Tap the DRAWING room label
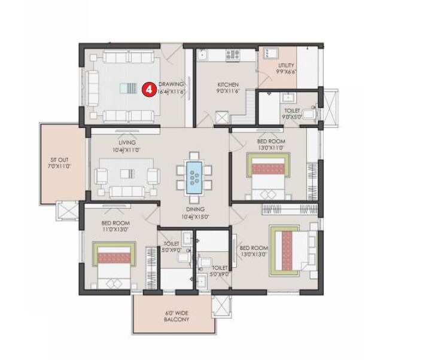pyautogui.click(x=171, y=84)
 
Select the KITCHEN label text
pyautogui.click(x=228, y=84)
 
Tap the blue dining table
pyautogui.click(x=194, y=175)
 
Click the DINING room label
pyautogui.click(x=195, y=209)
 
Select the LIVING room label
pyautogui.click(x=127, y=143)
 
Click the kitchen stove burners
pyautogui.click(x=233, y=55)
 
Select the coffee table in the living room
pyautogui.click(x=126, y=175)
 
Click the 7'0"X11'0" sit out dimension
pyautogui.click(x=62, y=167)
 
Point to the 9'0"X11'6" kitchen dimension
pyautogui.click(x=228, y=92)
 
